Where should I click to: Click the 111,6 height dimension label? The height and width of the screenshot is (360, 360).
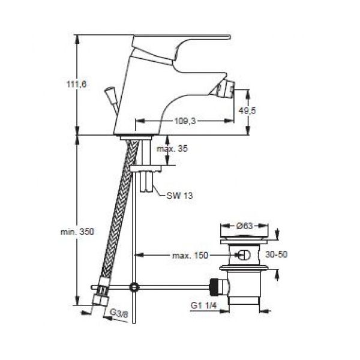[x=76, y=84]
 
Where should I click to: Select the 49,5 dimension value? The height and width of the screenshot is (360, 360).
[x=247, y=110]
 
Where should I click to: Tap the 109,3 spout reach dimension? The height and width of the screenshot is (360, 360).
[x=185, y=121]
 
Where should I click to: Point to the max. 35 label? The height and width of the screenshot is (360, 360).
[x=172, y=149]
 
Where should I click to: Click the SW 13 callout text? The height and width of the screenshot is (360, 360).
[x=179, y=196]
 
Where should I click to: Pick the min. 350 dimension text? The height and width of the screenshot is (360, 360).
[x=77, y=232]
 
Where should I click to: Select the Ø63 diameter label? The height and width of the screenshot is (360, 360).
[x=244, y=226]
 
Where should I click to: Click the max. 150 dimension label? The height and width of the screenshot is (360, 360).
[x=190, y=256]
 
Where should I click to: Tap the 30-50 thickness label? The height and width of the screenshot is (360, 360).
[x=276, y=254]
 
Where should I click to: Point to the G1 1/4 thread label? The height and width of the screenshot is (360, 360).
[x=203, y=305]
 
